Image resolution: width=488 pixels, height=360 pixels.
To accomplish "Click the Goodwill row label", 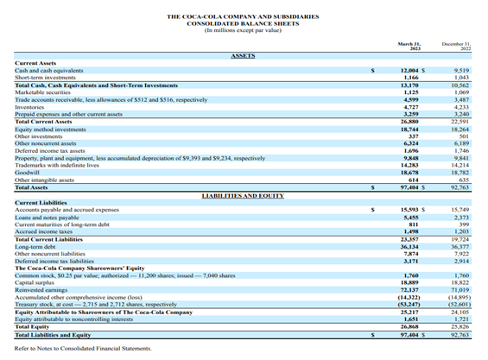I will tap(29, 172).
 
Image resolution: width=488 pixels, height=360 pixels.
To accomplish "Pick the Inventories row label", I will tap(32, 107).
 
